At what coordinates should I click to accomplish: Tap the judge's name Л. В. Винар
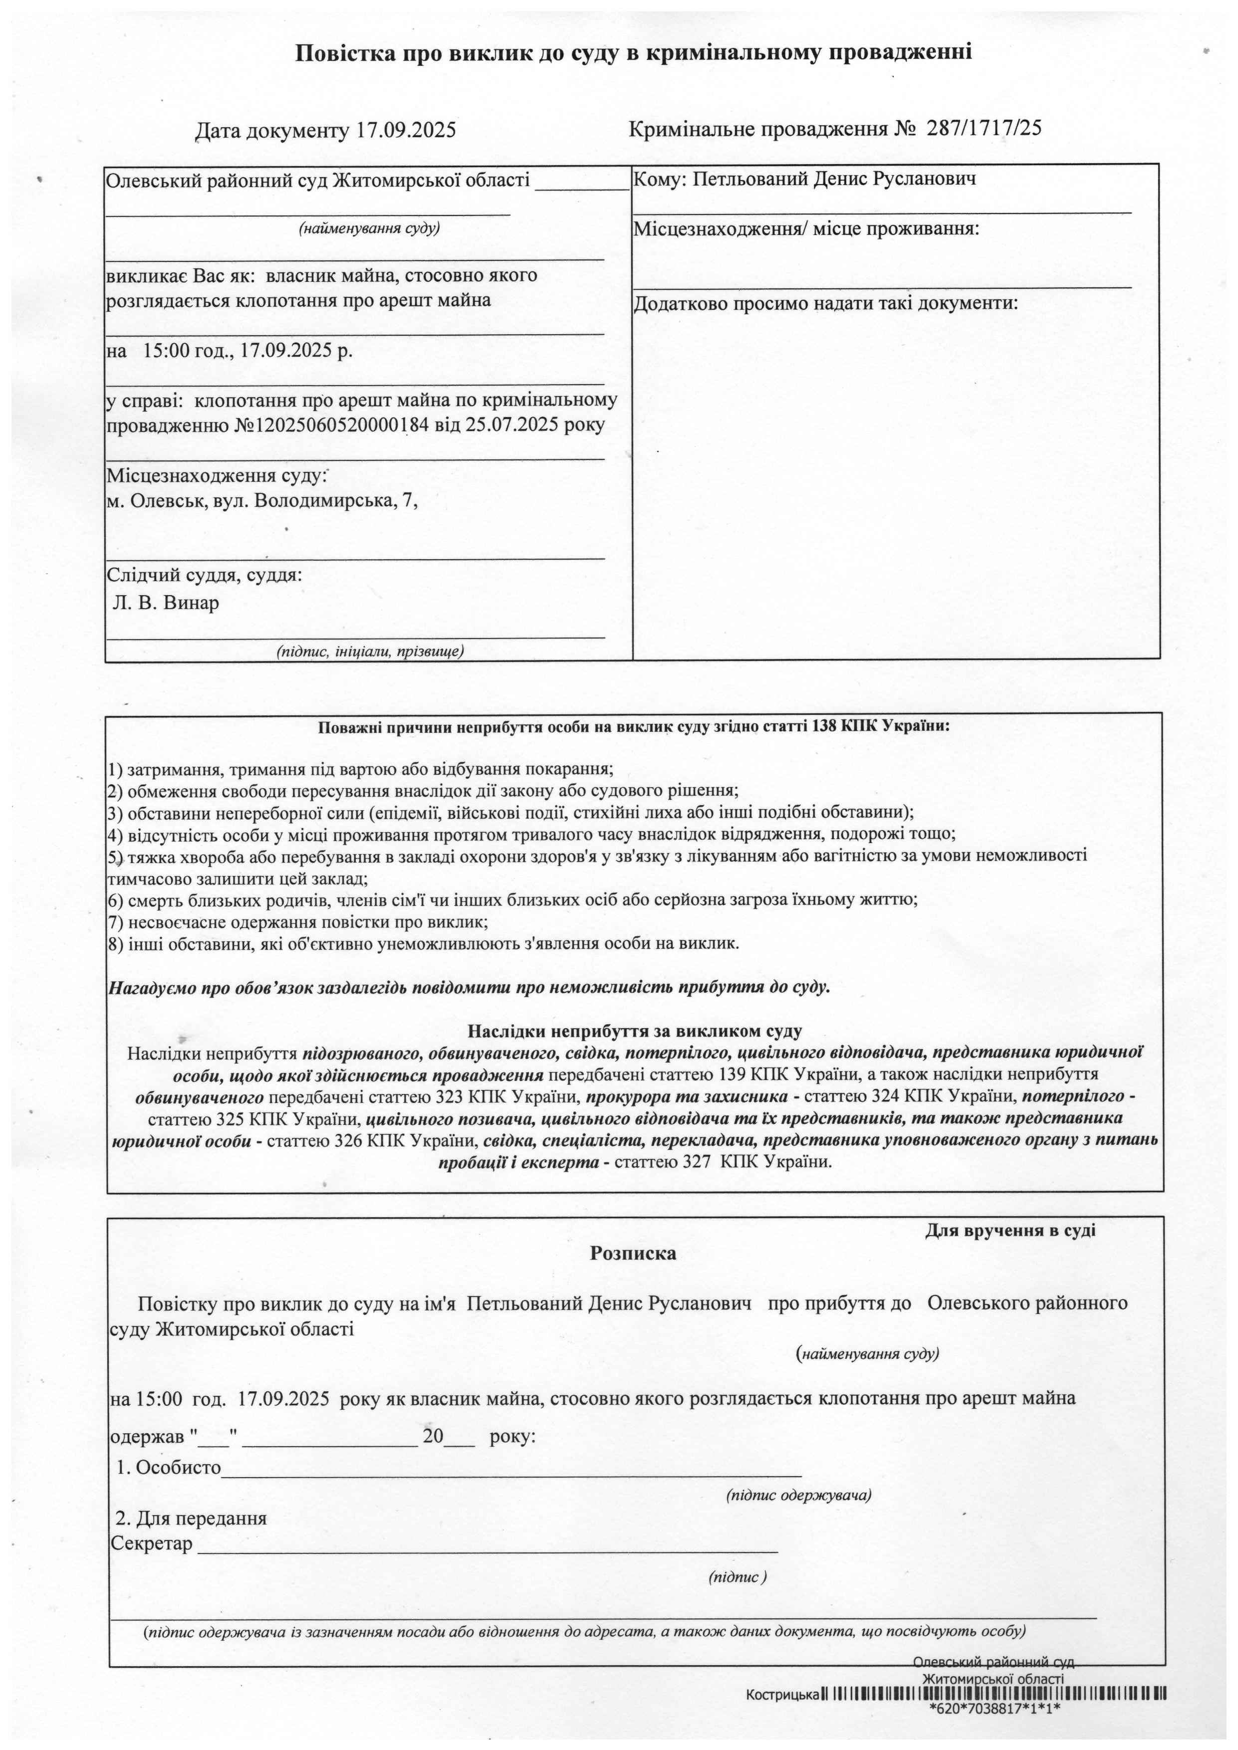pyautogui.click(x=166, y=604)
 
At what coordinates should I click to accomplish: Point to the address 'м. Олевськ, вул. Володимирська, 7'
pyautogui.click(x=262, y=501)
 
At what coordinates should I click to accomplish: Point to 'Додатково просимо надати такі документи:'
pyautogui.click(x=826, y=303)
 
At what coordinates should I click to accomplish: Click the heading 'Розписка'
pyautogui.click(x=633, y=1254)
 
